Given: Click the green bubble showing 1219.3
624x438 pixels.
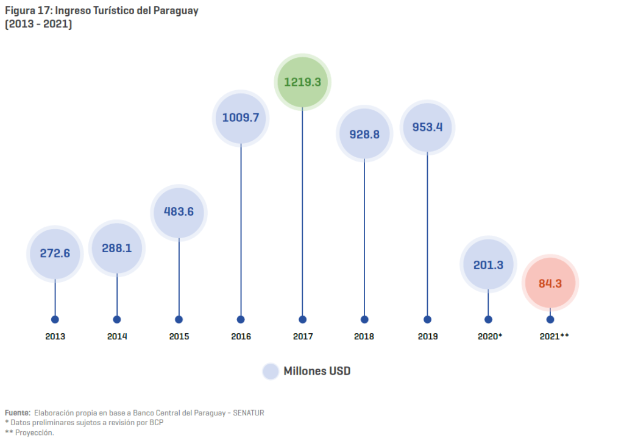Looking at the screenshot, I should click(303, 82).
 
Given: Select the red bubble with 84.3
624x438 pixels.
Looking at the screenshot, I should click(550, 283).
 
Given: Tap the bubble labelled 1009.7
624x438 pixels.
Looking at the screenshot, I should click(241, 118).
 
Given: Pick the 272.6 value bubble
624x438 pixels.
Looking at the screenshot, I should click(55, 253).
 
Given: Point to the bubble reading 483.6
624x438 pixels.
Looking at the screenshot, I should click(179, 212).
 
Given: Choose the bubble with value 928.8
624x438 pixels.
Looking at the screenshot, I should click(364, 134).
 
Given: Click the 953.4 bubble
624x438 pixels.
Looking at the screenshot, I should click(427, 127).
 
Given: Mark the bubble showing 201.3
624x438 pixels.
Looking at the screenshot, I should click(488, 264).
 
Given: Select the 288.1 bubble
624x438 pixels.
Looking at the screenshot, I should click(117, 249).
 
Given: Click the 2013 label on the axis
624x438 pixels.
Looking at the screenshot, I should click(55, 336).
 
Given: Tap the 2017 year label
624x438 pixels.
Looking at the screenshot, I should click(303, 336).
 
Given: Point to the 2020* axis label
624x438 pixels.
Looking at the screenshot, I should click(490, 336).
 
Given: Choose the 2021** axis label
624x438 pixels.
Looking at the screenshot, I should click(554, 336).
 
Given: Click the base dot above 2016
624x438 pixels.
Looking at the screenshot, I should click(241, 319).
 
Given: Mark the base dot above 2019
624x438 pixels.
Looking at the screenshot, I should click(427, 319).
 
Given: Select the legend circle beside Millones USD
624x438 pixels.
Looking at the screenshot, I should click(271, 371).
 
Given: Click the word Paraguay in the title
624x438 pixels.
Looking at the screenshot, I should click(177, 11).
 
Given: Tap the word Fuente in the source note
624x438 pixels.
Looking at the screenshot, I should click(17, 412).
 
